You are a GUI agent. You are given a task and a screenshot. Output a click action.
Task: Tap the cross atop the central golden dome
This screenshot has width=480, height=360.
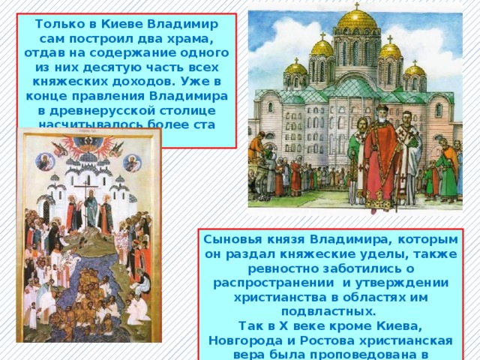point(356,5)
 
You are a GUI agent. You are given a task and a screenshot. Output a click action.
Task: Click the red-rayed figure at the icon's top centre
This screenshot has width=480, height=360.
point(88,143)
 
